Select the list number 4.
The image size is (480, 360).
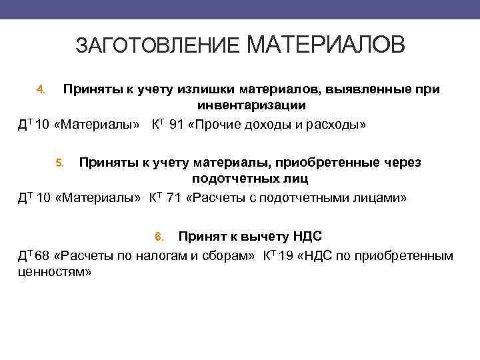coord(40,89)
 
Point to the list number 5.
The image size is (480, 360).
coord(59,163)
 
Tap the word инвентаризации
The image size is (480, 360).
coord(251,106)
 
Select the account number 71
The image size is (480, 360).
coord(173,198)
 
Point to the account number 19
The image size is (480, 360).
coord(285,255)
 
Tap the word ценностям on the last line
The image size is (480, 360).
coord(53,273)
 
